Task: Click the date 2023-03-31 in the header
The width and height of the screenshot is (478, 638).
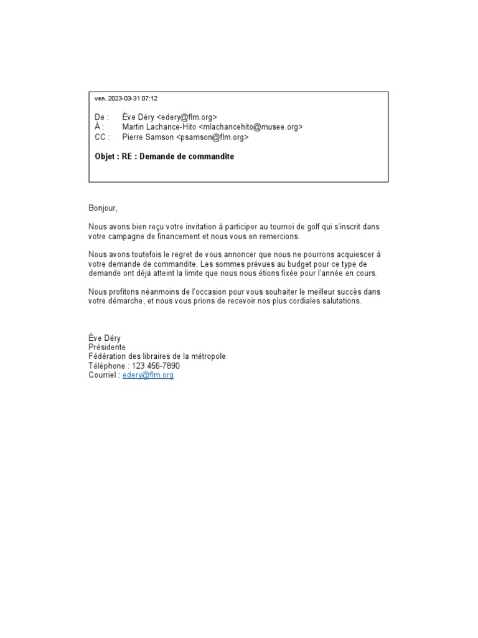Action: click(124, 98)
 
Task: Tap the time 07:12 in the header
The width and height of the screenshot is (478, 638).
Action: click(149, 98)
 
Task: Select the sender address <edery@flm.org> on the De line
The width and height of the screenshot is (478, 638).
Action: click(187, 117)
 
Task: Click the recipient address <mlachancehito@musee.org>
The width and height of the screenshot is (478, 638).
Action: click(251, 127)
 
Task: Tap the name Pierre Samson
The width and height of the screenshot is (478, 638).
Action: click(148, 137)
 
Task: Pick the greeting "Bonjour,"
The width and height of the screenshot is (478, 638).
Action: click(103, 207)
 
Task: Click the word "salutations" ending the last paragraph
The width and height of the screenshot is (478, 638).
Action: click(340, 301)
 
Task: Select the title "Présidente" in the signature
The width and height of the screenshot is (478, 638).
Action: click(107, 347)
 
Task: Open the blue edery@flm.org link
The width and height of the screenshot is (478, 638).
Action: click(148, 376)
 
